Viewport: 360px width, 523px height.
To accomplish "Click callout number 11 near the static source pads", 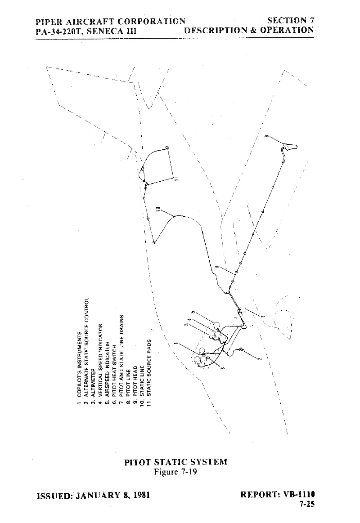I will (x=176, y=179).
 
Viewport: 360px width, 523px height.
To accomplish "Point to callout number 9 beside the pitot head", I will (x=266, y=136).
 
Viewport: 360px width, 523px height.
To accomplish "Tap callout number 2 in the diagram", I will (x=259, y=359).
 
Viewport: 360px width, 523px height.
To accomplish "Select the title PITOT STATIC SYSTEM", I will (x=175, y=462).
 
